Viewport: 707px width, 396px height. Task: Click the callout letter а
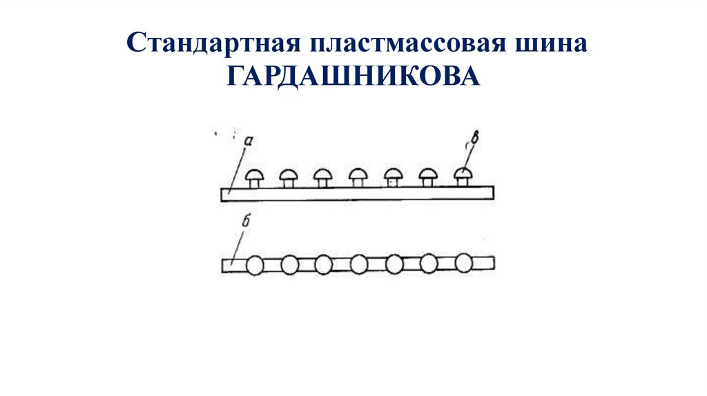(x=249, y=140)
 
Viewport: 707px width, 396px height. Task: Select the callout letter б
(x=246, y=221)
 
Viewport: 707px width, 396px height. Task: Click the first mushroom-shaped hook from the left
(x=253, y=177)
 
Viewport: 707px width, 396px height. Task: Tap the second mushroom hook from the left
(x=288, y=177)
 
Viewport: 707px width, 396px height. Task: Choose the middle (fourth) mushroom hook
(x=358, y=177)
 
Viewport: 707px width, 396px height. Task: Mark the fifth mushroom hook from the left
(x=393, y=177)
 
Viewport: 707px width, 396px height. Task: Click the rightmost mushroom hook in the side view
(x=463, y=176)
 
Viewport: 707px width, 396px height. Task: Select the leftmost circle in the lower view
(x=255, y=264)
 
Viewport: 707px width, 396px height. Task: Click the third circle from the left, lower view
(x=324, y=264)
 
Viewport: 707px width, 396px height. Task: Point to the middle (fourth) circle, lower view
(x=359, y=264)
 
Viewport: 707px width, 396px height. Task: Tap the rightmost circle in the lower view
(x=463, y=264)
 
